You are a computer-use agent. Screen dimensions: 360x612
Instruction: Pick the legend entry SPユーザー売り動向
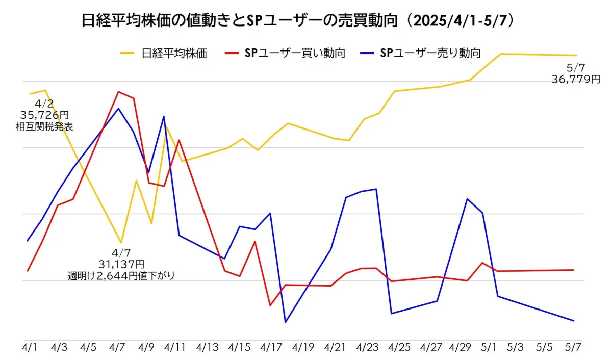pos(431,53)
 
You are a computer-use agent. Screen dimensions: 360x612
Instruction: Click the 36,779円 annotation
pos(576,79)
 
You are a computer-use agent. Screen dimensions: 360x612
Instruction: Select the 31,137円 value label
pos(121,264)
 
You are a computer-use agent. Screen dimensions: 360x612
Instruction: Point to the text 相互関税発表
pos(44,126)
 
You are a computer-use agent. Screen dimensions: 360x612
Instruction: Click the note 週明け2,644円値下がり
pos(121,276)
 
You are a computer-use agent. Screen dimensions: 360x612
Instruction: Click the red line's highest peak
pos(118,92)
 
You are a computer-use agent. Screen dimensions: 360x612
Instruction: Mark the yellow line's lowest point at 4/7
pos(121,243)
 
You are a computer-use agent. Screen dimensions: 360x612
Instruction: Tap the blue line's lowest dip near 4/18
pos(285,322)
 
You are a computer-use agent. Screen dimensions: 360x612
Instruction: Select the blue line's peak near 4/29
pos(467,199)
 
